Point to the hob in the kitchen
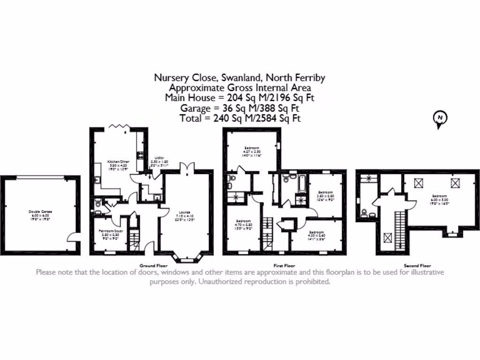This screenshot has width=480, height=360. click(x=140, y=155)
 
